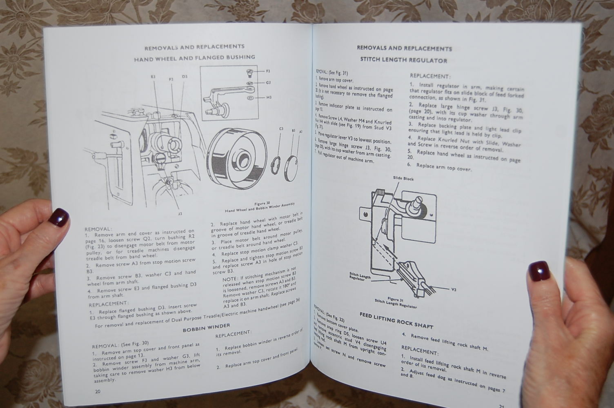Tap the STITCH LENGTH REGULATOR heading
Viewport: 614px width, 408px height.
403,60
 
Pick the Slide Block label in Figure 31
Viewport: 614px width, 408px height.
403,178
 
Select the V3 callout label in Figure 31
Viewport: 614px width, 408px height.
454,290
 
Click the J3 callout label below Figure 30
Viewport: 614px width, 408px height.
180,213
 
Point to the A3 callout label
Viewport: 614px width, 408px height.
301,131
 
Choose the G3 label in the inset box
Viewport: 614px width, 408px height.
268,83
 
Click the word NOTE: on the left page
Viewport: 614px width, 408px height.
231,279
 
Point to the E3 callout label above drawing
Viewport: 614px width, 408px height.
153,77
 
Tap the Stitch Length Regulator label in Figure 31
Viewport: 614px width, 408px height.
360,276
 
